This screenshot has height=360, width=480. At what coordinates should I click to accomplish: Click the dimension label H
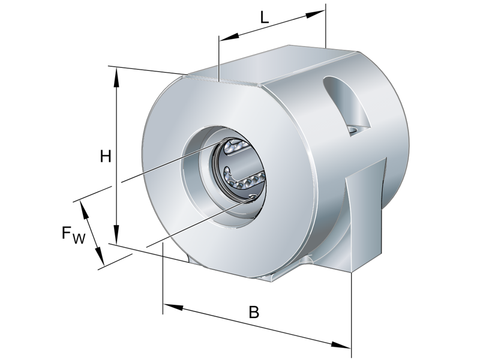coord(106,157)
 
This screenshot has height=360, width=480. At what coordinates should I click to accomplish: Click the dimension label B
coord(254,313)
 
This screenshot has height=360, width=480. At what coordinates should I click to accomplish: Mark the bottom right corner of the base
coord(350,274)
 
